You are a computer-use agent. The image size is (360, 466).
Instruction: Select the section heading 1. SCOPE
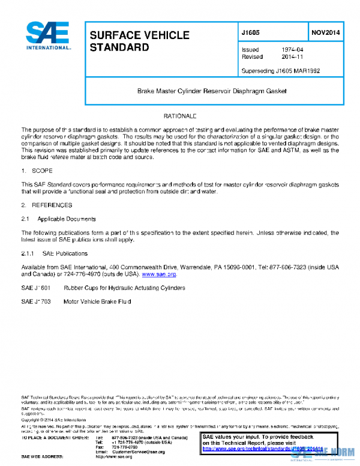[x=38, y=172]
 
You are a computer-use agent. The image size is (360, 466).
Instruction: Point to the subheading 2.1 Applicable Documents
[x=58, y=219]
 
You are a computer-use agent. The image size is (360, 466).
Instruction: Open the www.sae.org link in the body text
[x=158, y=274]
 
